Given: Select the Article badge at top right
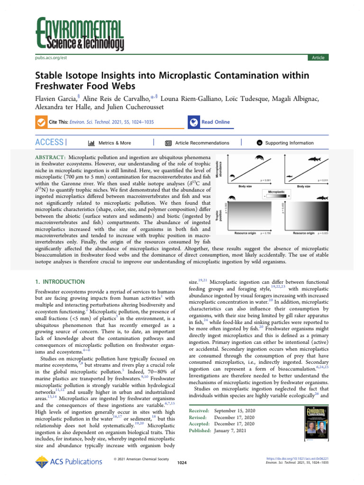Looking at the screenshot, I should [317, 57].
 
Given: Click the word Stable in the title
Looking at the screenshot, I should [51, 75].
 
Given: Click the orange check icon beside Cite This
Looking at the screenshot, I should [41, 122].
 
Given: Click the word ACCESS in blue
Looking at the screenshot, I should [49, 143].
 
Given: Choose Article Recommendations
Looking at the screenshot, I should [202, 143].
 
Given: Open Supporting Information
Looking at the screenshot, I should [289, 143].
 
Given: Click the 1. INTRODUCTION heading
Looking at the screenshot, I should [61, 281].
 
